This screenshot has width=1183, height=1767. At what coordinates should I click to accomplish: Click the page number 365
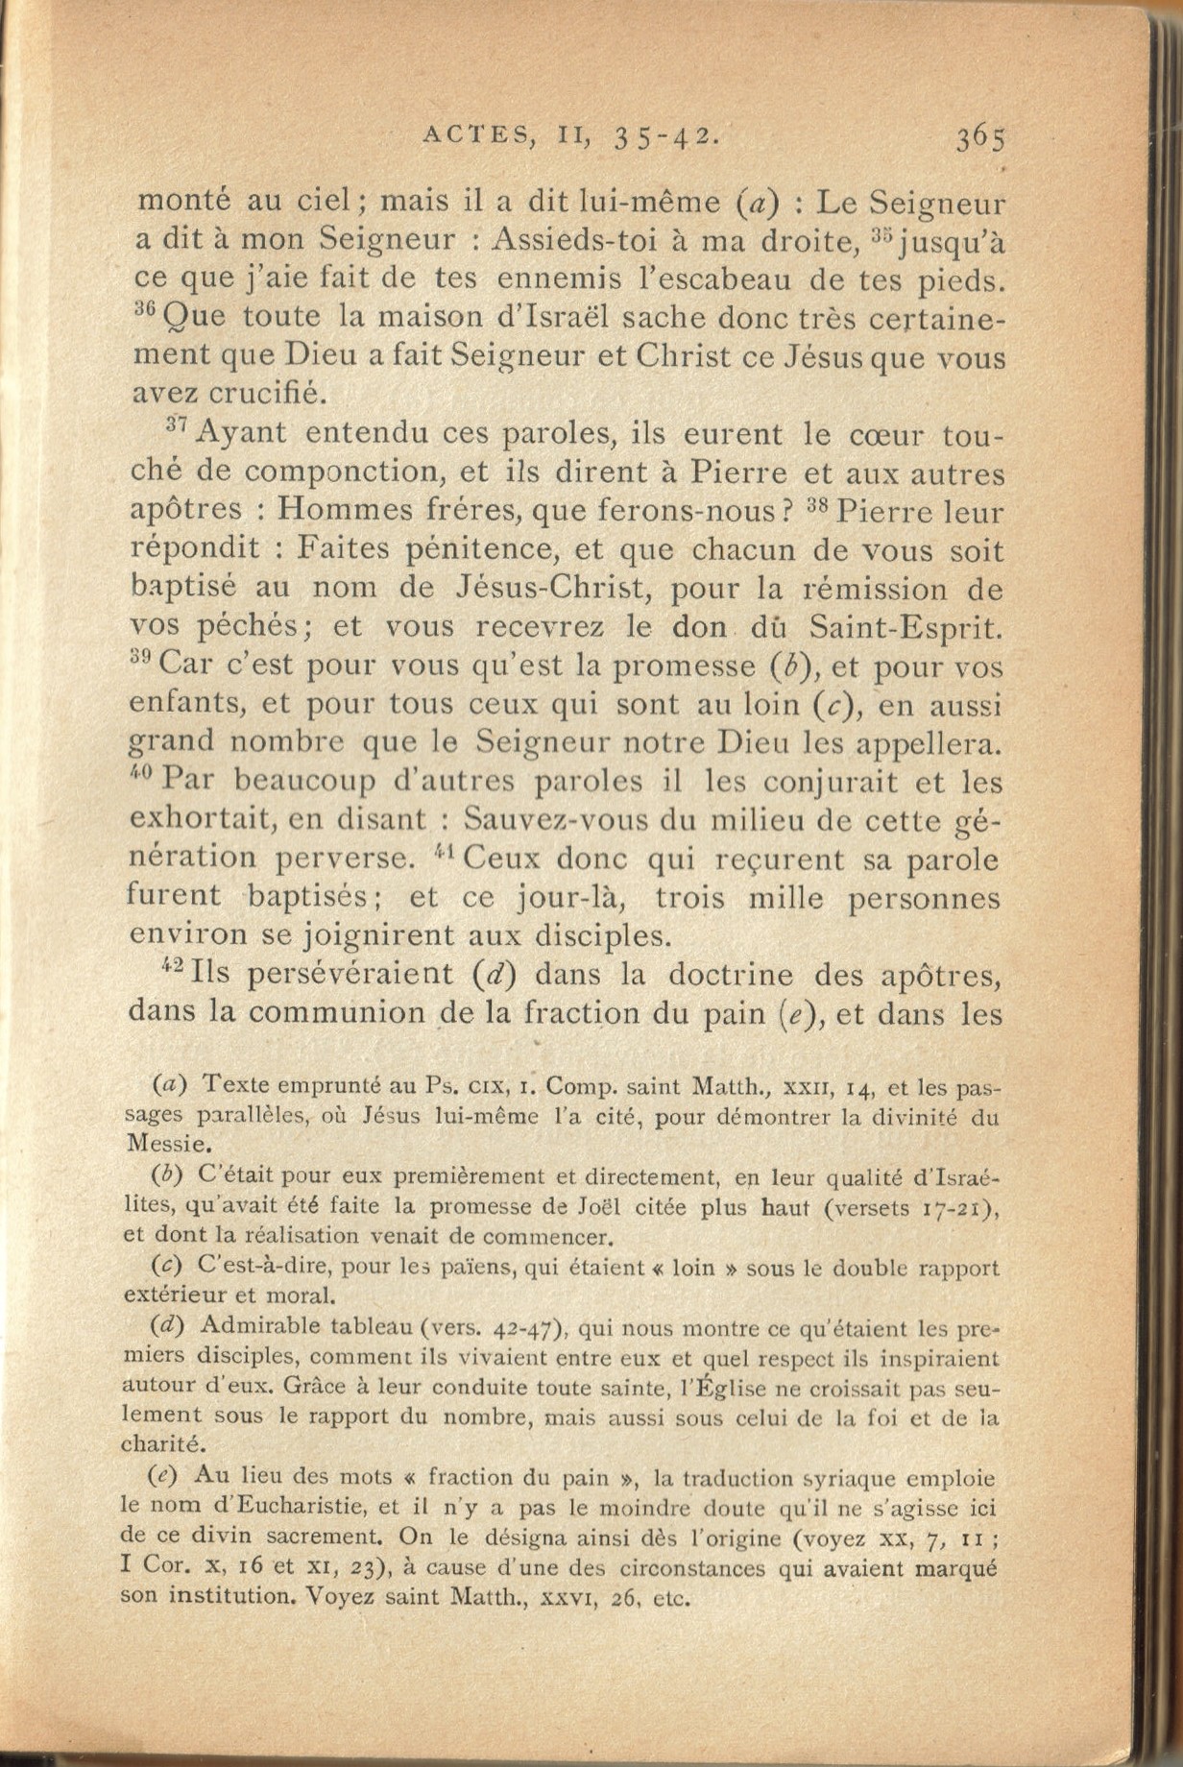tap(979, 138)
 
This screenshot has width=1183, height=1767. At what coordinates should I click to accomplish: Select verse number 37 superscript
tap(177, 424)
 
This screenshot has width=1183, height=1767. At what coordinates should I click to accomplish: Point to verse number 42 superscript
tap(173, 964)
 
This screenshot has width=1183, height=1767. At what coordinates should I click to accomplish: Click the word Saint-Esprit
tap(906, 627)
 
